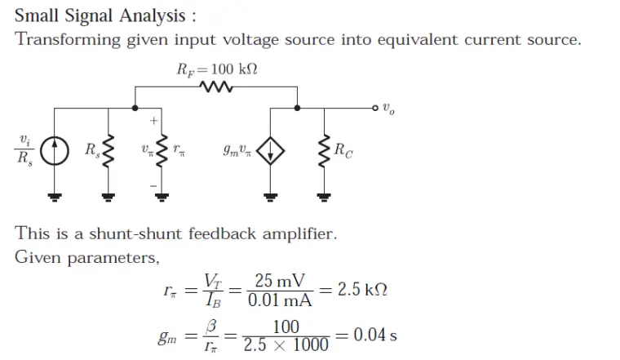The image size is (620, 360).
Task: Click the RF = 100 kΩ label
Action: [x=217, y=70]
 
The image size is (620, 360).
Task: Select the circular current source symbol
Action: [x=54, y=151]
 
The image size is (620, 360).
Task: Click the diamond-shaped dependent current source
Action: [x=270, y=151]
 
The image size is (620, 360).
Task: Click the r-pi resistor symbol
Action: [x=162, y=151]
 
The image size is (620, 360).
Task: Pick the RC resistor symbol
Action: [x=324, y=151]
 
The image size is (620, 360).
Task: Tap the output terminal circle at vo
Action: [x=374, y=107]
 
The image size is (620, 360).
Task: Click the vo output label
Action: [x=389, y=109]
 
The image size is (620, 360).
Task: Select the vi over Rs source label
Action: [x=24, y=150]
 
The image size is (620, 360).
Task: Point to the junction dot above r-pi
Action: [x=135, y=107]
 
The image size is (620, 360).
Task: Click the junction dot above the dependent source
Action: [x=296, y=107]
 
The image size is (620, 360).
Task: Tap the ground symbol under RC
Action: [x=324, y=196]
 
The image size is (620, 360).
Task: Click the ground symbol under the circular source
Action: [x=54, y=196]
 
